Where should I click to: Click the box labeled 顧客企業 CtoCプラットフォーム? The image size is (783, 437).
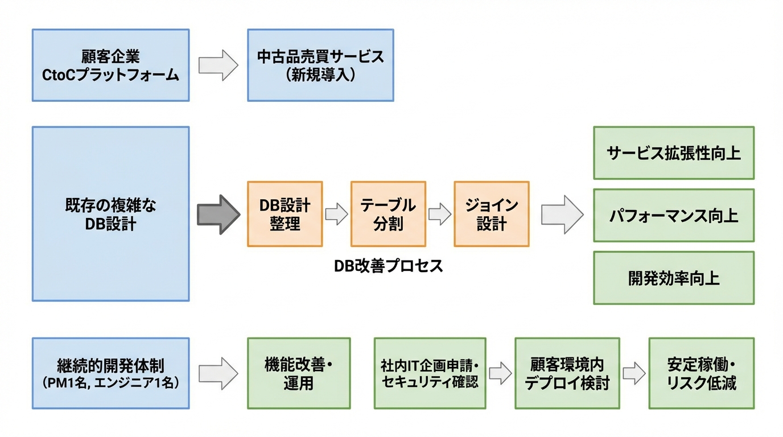[110, 65]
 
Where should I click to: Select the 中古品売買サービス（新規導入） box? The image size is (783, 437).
[320, 65]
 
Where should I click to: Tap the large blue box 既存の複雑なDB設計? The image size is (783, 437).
[110, 214]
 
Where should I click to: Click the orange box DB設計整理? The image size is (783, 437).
[285, 214]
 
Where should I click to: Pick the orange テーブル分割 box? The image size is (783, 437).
[388, 214]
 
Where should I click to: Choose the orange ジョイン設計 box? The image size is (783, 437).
[491, 214]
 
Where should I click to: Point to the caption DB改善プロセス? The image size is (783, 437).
[388, 266]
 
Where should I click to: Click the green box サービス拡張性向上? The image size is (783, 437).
[673, 153]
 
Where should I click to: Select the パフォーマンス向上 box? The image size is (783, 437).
[673, 216]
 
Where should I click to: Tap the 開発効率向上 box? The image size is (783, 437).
[673, 278]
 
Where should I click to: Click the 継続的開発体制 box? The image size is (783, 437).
[110, 373]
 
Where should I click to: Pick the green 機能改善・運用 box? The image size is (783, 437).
[299, 373]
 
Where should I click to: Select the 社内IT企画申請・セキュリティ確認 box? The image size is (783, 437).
[430, 373]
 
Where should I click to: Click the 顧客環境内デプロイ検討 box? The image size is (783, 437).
[567, 373]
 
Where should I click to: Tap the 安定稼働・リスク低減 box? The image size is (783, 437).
[701, 373]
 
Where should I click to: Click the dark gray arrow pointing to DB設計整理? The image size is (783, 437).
[219, 215]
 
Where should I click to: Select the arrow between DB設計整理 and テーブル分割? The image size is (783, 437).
[336, 215]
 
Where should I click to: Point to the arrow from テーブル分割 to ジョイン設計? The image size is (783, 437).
[439, 215]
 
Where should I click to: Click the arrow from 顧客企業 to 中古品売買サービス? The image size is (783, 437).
[218, 65]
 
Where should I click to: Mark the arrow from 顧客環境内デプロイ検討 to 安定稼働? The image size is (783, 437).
[634, 374]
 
